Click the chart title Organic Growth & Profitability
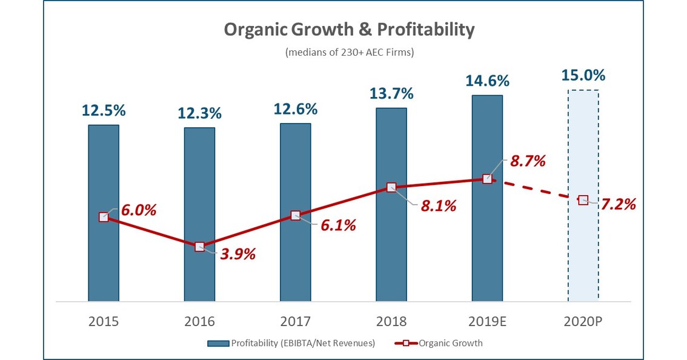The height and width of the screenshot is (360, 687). coord(350,30)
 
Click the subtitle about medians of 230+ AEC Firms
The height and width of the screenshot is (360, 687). coord(350,52)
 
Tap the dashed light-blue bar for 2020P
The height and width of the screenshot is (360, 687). coord(583,255)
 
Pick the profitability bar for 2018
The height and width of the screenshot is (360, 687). coord(391,255)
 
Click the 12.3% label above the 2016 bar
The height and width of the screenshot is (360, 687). coord(199,113)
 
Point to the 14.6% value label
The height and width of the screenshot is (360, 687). coord(487,81)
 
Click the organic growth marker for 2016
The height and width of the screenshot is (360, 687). coord(199,247)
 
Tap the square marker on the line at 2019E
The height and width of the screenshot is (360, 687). coord(487,179)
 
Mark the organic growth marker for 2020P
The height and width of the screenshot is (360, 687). coord(583,199)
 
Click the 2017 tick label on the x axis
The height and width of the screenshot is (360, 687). coord(295,321)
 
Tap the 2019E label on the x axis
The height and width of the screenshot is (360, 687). coord(487,321)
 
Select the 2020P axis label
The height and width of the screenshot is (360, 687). coord(583,321)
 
